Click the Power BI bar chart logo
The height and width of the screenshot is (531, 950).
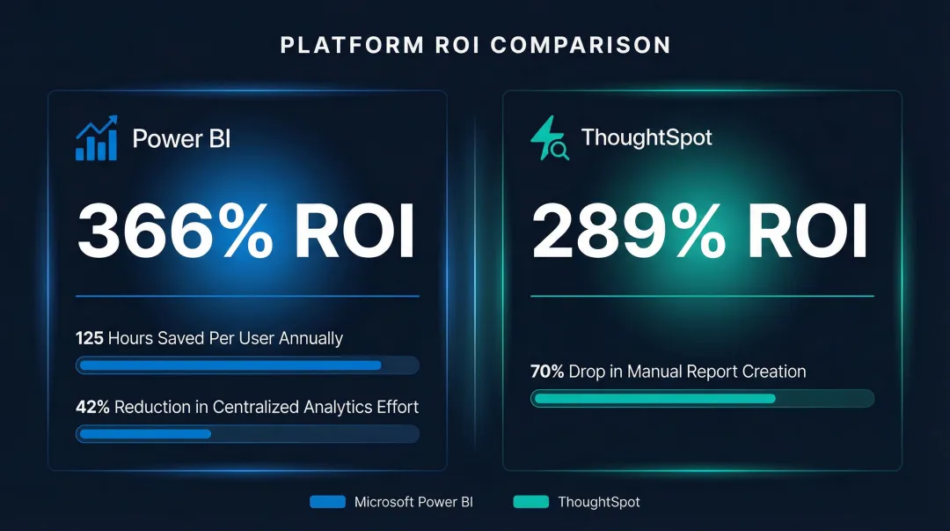pyautogui.click(x=96, y=138)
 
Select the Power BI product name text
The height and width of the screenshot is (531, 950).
pyautogui.click(x=181, y=138)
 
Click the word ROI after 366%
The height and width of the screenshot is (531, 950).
pyautogui.click(x=354, y=232)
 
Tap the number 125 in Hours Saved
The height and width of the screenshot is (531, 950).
pyautogui.click(x=90, y=338)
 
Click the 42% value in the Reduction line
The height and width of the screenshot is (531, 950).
pyautogui.click(x=92, y=407)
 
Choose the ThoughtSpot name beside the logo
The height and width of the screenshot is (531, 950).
pyautogui.click(x=647, y=138)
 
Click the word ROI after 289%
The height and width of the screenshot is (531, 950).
pyautogui.click(x=809, y=232)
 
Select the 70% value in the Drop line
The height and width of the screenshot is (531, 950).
pyautogui.click(x=547, y=372)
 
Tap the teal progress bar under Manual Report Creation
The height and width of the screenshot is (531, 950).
pyautogui.click(x=654, y=399)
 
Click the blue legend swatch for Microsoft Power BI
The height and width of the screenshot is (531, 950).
pyautogui.click(x=327, y=502)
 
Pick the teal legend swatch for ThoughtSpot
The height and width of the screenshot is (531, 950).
pyautogui.click(x=530, y=502)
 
